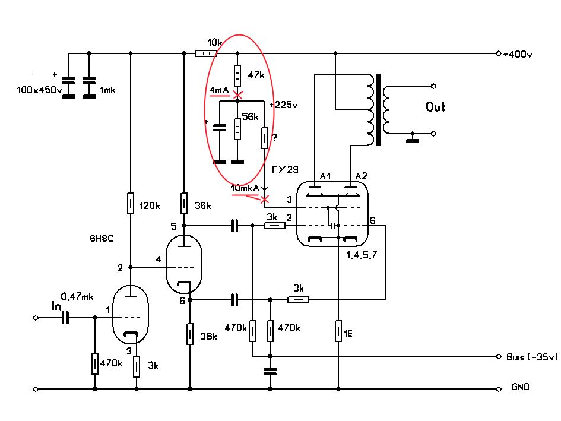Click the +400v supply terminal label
pyautogui.click(x=517, y=55)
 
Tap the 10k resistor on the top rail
pyautogui.click(x=206, y=53)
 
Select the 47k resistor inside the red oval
pyautogui.click(x=237, y=75)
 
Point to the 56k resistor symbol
pyautogui.click(x=237, y=129)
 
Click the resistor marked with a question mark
pyautogui.click(x=264, y=138)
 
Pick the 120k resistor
pyautogui.click(x=131, y=203)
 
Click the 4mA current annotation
pyautogui.click(x=219, y=90)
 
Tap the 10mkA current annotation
pyautogui.click(x=245, y=188)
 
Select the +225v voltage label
pyautogui.click(x=283, y=105)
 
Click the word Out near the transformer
pyautogui.click(x=435, y=107)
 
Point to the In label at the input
pyautogui.click(x=56, y=306)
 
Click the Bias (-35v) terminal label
pyautogui.click(x=532, y=357)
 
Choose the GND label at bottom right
pyautogui.click(x=520, y=387)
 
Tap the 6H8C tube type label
pyautogui.click(x=102, y=239)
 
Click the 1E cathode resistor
pyautogui.click(x=338, y=331)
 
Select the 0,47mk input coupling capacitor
pyautogui.click(x=65, y=318)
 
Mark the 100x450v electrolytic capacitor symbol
pyautogui.click(x=68, y=87)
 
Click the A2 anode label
pyautogui.click(x=361, y=176)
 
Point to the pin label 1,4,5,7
pyautogui.click(x=362, y=255)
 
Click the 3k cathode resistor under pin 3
pyautogui.click(x=137, y=366)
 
